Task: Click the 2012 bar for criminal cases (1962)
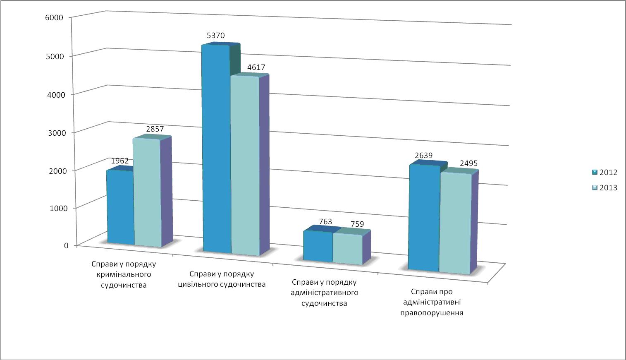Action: [120, 207]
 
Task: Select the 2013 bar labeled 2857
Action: [146, 192]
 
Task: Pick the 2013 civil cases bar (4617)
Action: [244, 166]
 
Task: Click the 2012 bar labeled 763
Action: [318, 246]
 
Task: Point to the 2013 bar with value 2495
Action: [455, 223]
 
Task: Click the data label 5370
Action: [215, 36]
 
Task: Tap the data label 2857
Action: [155, 129]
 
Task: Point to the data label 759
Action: [355, 224]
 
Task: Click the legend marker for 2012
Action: [595, 173]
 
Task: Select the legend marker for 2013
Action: [595, 187]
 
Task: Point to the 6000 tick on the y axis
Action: [55, 17]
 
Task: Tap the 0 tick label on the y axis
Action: [66, 245]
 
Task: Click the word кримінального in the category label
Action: [124, 274]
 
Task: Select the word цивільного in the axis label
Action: [198, 284]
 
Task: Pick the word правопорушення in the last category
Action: [432, 313]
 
